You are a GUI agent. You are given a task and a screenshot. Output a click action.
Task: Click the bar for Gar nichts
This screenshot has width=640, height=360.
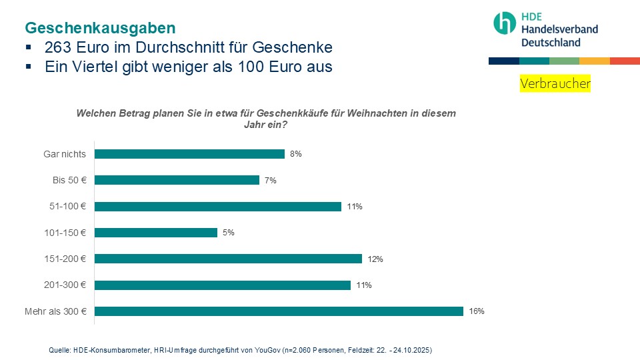189,154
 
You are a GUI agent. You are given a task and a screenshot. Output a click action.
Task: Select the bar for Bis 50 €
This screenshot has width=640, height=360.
177,180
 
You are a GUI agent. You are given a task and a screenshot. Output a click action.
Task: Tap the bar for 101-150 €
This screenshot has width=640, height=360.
156,233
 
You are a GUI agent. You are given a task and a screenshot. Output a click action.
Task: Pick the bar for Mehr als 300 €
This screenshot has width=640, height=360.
279,311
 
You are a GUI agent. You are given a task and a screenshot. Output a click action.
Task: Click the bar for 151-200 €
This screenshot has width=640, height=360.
228,259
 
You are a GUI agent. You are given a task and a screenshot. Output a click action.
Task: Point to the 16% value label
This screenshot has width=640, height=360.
476,311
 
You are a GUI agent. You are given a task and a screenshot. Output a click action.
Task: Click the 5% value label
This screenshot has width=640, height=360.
229,233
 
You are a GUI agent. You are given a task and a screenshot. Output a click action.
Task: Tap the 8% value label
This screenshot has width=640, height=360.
296,154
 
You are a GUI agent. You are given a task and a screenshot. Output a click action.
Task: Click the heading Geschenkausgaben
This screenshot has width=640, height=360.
100,28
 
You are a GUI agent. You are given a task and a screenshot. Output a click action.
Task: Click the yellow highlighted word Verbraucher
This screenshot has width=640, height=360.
555,84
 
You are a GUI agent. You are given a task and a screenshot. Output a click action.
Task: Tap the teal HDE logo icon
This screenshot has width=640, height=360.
505,23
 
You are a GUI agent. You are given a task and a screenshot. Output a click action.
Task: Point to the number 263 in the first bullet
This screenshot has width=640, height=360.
58,48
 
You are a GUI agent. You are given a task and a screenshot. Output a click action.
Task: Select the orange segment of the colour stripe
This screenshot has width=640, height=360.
595,61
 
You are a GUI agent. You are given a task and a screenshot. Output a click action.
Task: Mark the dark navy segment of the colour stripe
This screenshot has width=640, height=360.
503,61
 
